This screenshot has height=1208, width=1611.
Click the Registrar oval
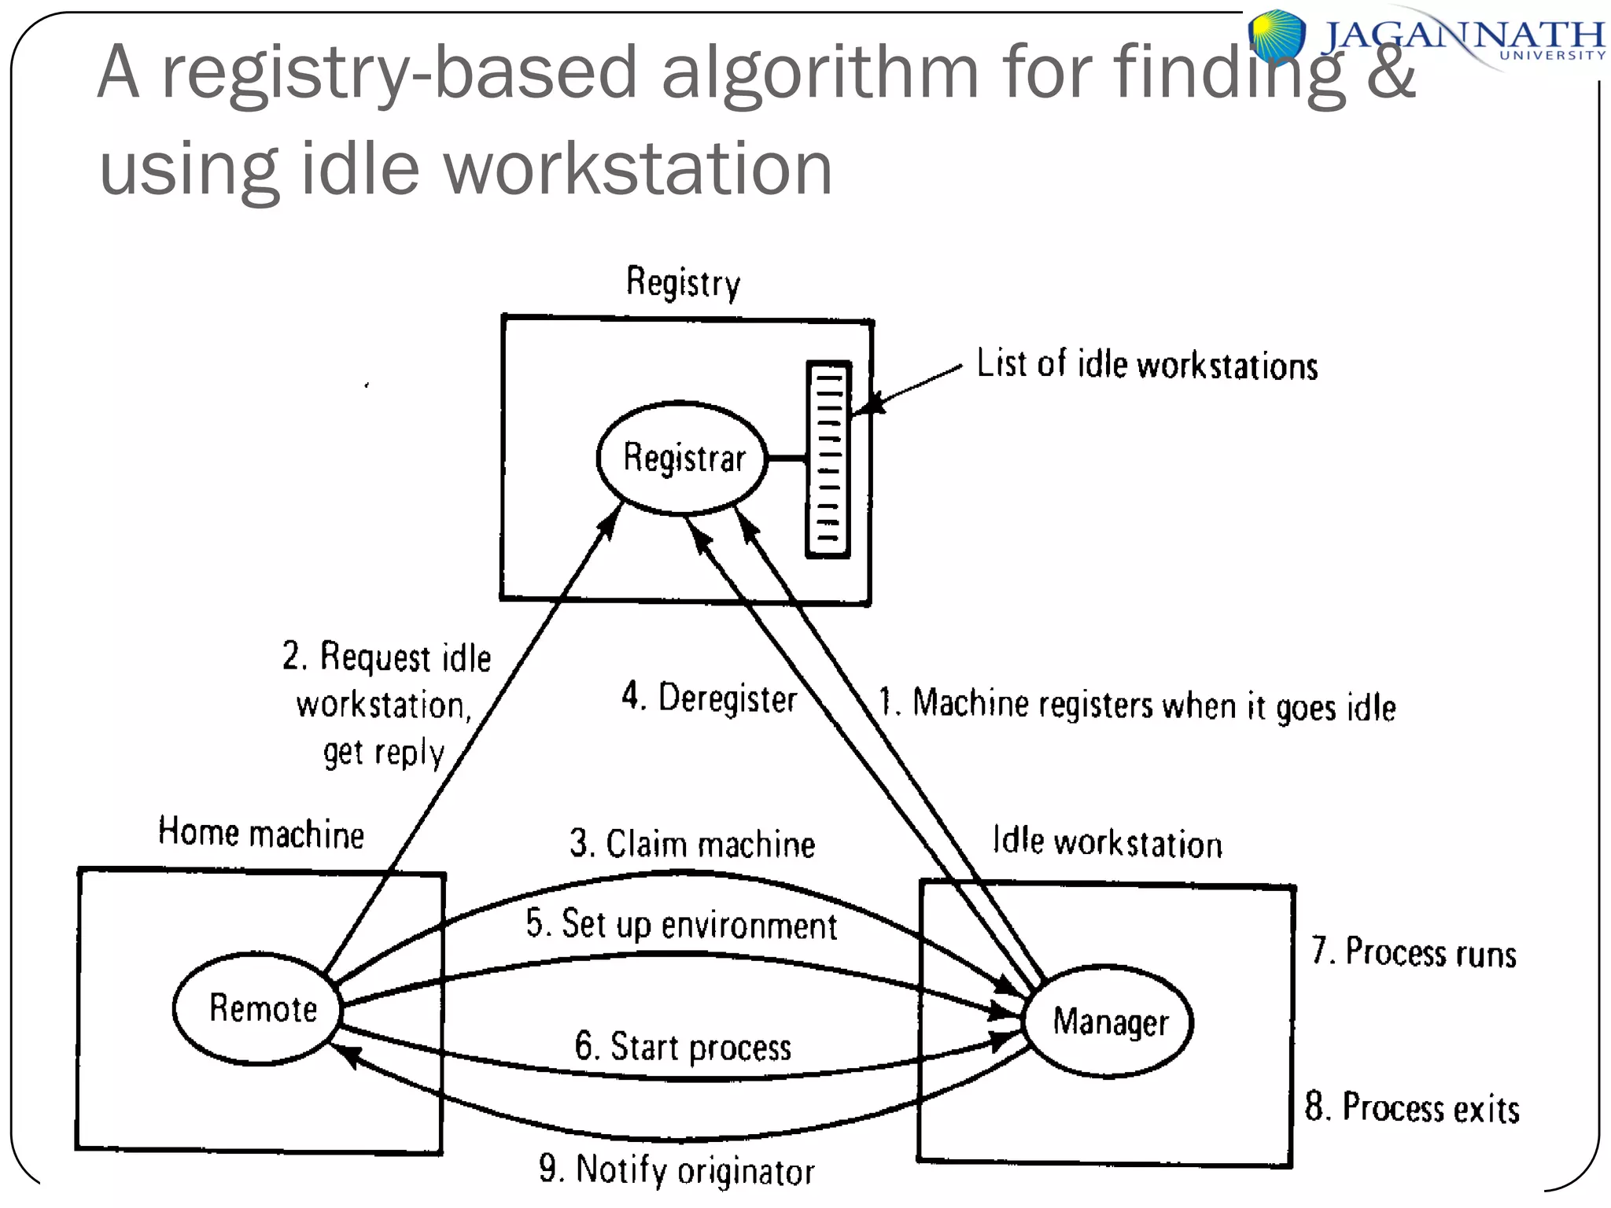click(x=682, y=458)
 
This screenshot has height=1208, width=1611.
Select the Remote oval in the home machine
click(x=257, y=1009)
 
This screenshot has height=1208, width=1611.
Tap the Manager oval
click(x=1109, y=1022)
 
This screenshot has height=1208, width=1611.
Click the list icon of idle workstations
click(x=828, y=459)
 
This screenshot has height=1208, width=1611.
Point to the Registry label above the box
click(x=683, y=282)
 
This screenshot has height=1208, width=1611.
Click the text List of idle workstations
click(x=1147, y=365)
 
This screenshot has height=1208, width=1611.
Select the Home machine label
click(x=261, y=833)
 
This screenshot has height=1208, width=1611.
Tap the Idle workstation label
click(x=1107, y=842)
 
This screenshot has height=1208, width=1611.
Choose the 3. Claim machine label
click(x=692, y=844)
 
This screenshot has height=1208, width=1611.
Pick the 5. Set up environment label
click(x=681, y=924)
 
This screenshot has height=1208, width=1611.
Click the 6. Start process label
click(x=683, y=1047)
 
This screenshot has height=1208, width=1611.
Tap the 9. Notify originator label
click(x=676, y=1170)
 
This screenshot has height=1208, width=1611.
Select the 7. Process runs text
click(x=1414, y=952)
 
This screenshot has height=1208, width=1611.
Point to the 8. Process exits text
click(x=1412, y=1107)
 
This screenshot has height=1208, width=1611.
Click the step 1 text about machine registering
click(x=1137, y=705)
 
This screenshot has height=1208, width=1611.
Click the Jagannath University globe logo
click(x=1277, y=35)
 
